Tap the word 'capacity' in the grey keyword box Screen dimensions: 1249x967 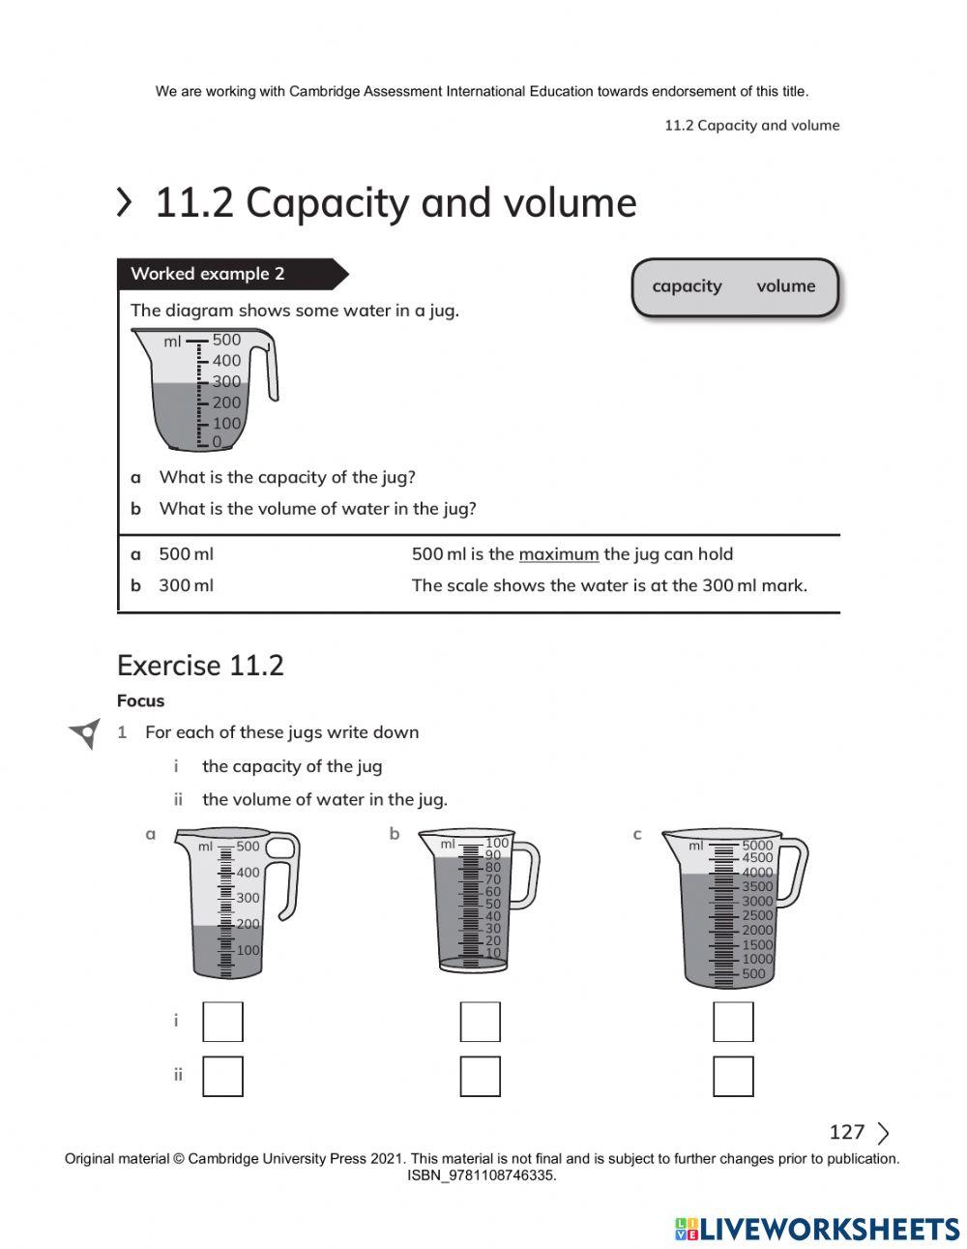click(x=687, y=286)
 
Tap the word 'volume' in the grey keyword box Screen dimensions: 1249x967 click(x=785, y=286)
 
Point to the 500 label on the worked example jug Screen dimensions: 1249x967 click(x=226, y=340)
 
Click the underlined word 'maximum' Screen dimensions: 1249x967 click(x=558, y=554)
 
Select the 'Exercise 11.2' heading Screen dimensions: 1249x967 click(x=200, y=666)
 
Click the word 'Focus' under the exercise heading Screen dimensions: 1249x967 click(x=140, y=701)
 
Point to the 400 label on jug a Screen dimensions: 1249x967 click(x=249, y=873)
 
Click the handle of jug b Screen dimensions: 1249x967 click(x=526, y=874)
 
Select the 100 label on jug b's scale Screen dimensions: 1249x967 click(x=497, y=843)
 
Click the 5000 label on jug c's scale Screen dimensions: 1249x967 click(x=757, y=845)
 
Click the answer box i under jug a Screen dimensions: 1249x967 click(x=222, y=1022)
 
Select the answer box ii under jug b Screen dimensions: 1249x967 click(x=480, y=1076)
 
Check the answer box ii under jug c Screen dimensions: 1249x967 click(x=733, y=1076)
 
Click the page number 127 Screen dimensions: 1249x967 click(x=846, y=1132)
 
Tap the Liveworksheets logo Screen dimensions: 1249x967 click(x=817, y=1229)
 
